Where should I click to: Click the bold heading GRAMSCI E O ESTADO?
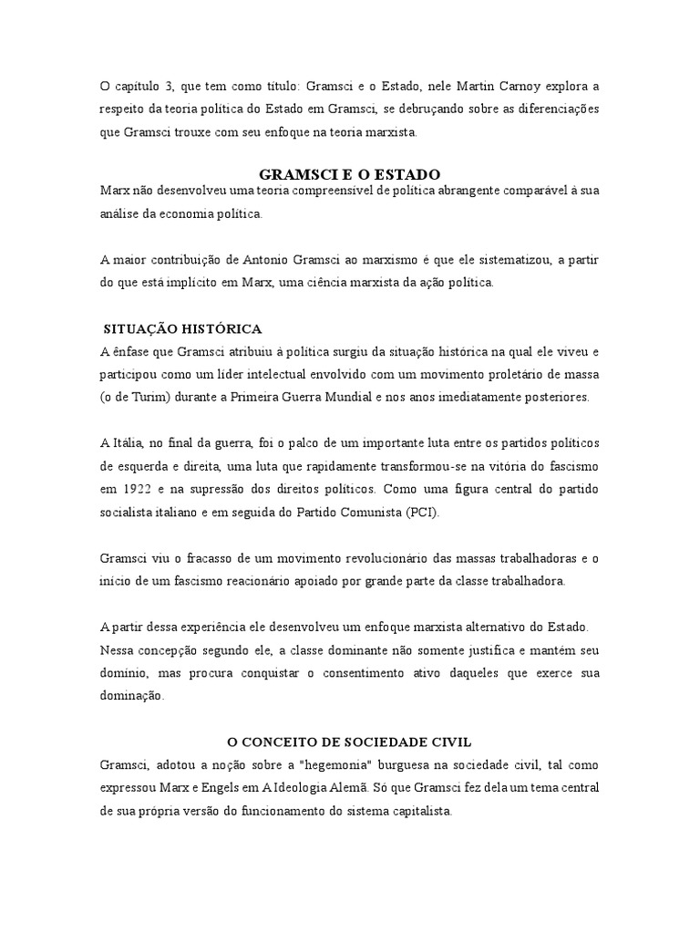[x=350, y=173]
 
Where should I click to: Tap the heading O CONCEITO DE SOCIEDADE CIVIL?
[x=349, y=742]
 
